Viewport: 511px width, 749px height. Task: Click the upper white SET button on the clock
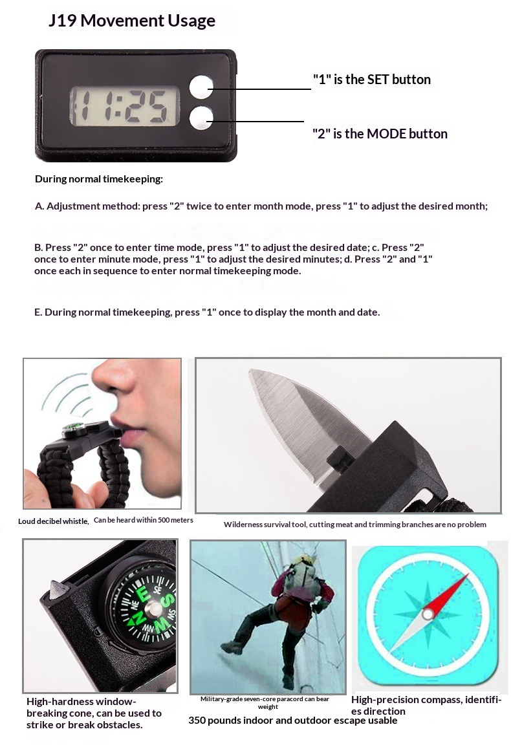[x=201, y=87]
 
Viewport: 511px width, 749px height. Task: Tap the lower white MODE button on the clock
[x=201, y=118]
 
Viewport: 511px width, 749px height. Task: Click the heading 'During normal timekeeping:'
[x=99, y=179]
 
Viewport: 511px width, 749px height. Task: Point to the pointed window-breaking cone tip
[x=54, y=583]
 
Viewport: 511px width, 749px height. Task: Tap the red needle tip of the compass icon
[x=468, y=574]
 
